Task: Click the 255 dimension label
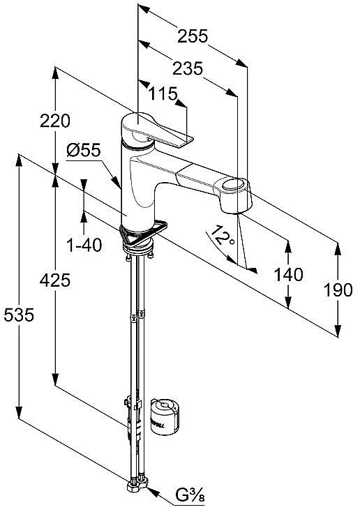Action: tap(193, 36)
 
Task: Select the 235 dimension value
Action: tap(188, 68)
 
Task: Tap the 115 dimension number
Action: tap(163, 94)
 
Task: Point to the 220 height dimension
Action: tap(55, 121)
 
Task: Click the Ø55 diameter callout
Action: tap(84, 151)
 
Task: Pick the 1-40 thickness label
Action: tap(84, 245)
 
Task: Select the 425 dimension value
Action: tap(55, 280)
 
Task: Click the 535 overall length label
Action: tap(19, 315)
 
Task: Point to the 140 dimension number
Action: tap(288, 275)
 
